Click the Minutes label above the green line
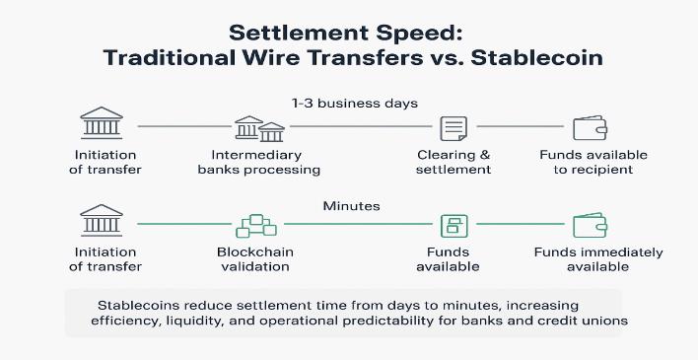pyautogui.click(x=350, y=206)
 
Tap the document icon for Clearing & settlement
pyautogui.click(x=453, y=128)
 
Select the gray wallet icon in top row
pyautogui.click(x=590, y=127)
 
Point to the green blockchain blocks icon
pyautogui.click(x=255, y=225)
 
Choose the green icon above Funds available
pyautogui.click(x=454, y=225)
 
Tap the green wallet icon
pyautogui.click(x=590, y=224)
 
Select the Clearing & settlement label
pyautogui.click(x=454, y=162)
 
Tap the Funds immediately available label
pyautogui.click(x=597, y=258)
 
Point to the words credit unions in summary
pyautogui.click(x=575, y=321)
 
